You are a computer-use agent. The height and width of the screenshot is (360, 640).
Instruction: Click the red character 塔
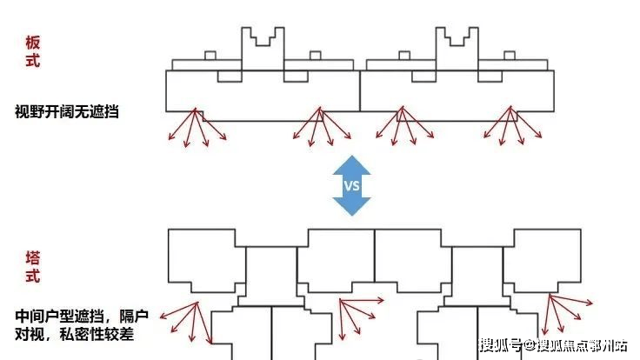tap(32, 259)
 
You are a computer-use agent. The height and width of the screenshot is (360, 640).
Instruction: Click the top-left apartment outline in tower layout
tap(204, 258)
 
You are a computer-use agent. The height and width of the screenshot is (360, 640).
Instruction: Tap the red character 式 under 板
tap(32, 62)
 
